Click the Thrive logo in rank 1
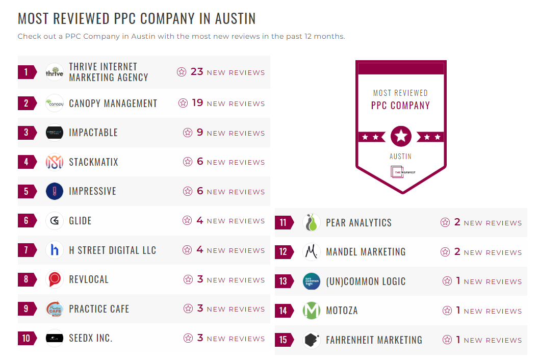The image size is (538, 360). click(55, 72)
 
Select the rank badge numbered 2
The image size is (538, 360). click(27, 104)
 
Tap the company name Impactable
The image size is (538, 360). click(93, 133)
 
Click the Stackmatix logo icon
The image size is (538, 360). click(55, 162)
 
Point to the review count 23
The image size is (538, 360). click(197, 72)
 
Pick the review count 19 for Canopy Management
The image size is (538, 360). click(197, 103)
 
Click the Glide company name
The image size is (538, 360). click(81, 221)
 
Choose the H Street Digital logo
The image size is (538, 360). click(55, 250)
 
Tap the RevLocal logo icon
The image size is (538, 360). click(55, 279)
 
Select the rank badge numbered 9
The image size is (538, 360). click(27, 309)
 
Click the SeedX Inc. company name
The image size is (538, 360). click(91, 338)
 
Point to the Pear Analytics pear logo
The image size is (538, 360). click(312, 222)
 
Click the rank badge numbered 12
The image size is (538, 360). click(284, 252)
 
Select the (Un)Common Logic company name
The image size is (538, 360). click(366, 281)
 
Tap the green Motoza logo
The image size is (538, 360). click(312, 311)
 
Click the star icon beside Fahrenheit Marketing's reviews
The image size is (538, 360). click(447, 340)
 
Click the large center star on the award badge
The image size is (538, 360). click(401, 136)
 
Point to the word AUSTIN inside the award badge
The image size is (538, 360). click(401, 156)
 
